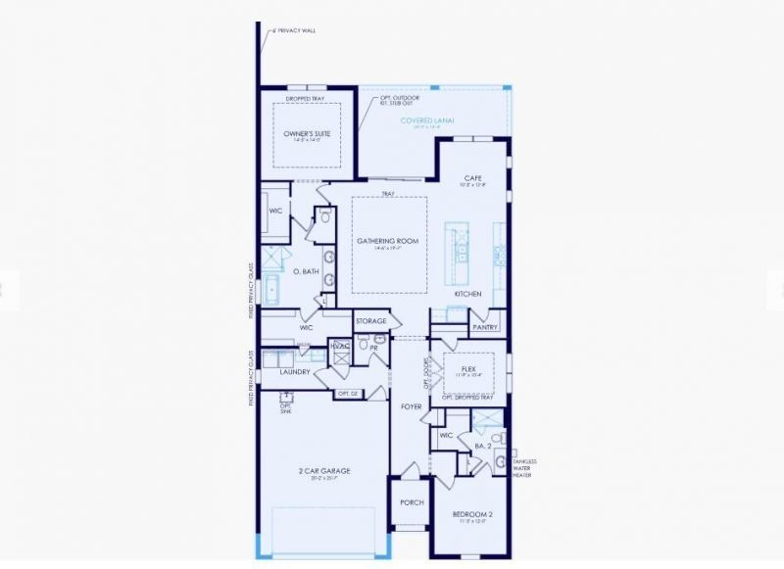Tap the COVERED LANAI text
427,119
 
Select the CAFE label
473,177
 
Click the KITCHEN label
467,294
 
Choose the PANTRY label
485,327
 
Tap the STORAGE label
371,320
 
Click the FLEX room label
469,370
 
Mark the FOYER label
411,405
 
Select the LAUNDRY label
295,372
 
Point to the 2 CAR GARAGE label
324,471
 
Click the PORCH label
411,501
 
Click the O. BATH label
305,271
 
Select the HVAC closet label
340,345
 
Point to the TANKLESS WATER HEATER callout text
524,468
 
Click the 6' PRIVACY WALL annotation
294,30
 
